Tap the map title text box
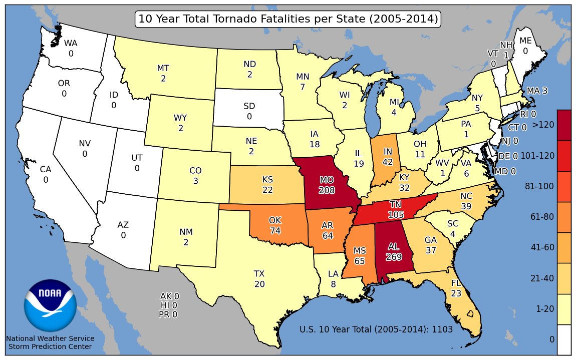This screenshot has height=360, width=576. point(288,19)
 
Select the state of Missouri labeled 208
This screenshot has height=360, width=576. point(327,185)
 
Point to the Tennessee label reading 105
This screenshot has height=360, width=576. point(396,209)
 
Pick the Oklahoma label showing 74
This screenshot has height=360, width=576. point(275,225)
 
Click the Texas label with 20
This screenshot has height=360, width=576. point(259,279)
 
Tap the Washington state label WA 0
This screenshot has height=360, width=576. point(71,48)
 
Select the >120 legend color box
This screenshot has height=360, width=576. point(564,125)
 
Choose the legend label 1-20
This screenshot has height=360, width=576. point(545,309)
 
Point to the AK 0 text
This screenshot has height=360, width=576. point(169,296)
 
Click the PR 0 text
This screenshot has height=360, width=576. point(168,314)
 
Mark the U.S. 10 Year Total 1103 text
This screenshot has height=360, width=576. point(376,329)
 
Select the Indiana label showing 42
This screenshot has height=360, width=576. point(387,156)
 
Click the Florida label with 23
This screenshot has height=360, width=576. point(456,288)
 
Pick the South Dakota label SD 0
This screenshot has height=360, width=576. point(249,111)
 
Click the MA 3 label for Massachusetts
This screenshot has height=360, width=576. point(537,91)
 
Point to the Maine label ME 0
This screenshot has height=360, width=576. point(525,46)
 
